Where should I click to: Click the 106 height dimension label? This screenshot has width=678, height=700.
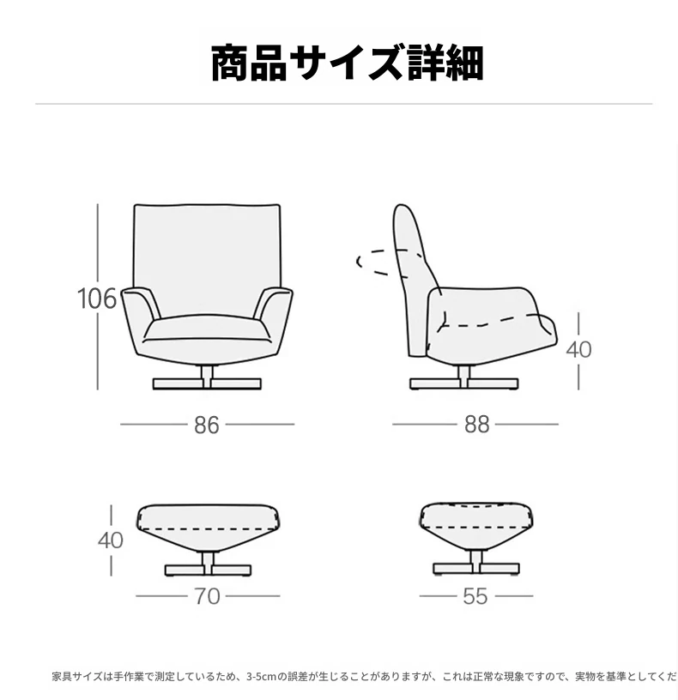point(97,299)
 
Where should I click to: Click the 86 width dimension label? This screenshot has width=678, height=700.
point(207,425)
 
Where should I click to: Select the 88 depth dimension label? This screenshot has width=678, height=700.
point(477,425)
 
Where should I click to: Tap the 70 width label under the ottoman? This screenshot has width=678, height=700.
point(207,596)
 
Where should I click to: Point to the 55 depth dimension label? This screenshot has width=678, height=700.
point(475,596)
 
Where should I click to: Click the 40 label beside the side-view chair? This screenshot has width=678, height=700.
point(578,349)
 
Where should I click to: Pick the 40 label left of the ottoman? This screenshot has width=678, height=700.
point(111,540)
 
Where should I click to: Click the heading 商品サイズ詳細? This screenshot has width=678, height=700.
point(347,63)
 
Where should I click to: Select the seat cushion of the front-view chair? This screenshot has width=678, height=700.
point(207,329)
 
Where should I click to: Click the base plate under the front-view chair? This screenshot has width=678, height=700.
point(207,384)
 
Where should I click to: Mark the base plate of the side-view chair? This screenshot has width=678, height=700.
point(464,384)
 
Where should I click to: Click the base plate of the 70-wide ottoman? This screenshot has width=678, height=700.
point(209,570)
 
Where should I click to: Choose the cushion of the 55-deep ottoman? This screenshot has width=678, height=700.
point(476,524)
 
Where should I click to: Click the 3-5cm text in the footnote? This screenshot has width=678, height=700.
point(261,677)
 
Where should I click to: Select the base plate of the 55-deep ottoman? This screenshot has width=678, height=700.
point(476,569)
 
